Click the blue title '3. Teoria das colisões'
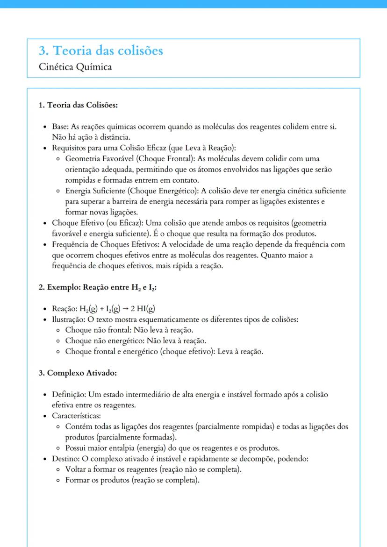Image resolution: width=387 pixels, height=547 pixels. pyautogui.click(x=101, y=50)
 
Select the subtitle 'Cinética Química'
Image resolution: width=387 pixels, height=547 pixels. pyautogui.click(x=75, y=67)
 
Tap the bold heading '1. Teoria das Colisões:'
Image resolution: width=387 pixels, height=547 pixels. pyautogui.click(x=78, y=105)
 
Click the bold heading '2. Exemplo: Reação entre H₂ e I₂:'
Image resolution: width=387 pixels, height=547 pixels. pyautogui.click(x=97, y=288)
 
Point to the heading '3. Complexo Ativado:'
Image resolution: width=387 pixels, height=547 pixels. pyautogui.click(x=78, y=373)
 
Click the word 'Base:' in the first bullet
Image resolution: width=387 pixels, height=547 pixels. pyautogui.click(x=61, y=127)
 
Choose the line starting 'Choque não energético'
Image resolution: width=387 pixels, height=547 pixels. pyautogui.click(x=136, y=341)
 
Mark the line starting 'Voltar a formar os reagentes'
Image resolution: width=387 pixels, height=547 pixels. pyautogui.click(x=153, y=469)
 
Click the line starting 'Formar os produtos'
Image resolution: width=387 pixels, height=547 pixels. pyautogui.click(x=132, y=480)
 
